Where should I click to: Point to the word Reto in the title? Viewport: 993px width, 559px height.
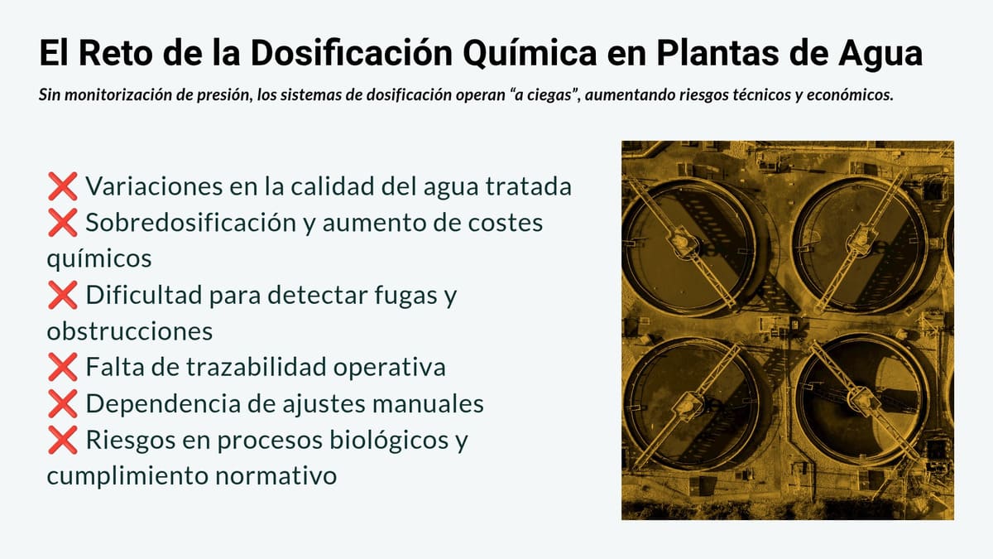(x=114, y=54)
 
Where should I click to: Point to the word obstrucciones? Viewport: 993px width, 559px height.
(x=130, y=331)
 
